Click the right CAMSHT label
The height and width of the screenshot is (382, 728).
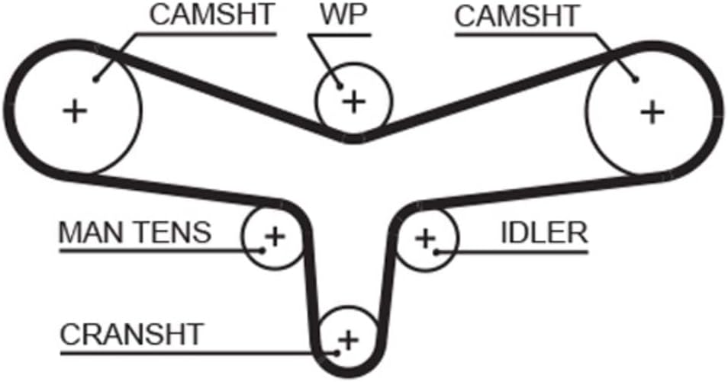tap(515, 17)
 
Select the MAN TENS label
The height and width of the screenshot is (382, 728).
tap(134, 232)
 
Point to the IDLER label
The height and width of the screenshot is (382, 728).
tap(544, 233)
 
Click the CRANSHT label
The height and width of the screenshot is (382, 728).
tap(131, 333)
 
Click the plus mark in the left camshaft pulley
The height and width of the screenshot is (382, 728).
tap(75, 111)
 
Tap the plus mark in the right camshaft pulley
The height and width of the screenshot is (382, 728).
tap(651, 112)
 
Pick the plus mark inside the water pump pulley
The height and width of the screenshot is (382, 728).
tap(353, 101)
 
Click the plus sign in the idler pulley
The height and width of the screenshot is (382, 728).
tap(425, 238)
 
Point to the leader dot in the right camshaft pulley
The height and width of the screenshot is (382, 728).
tap(635, 79)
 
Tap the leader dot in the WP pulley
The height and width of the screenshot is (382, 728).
tap(338, 86)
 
